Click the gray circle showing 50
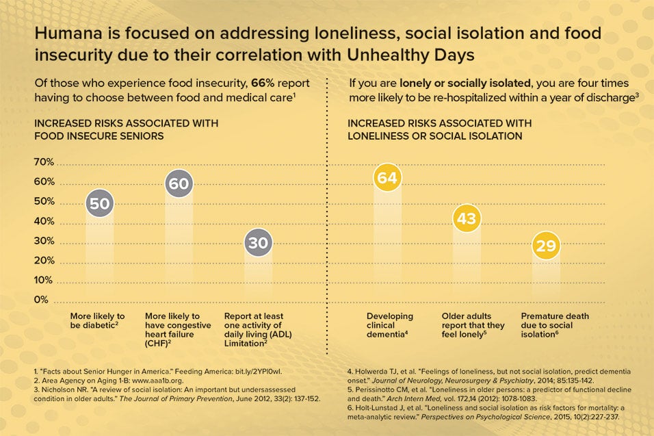point(100,203)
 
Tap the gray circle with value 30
point(258,242)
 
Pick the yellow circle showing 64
point(387,178)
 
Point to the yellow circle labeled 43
point(467,218)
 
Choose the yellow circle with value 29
point(545,245)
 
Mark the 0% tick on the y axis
point(42,300)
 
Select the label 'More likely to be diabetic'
point(98,320)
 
